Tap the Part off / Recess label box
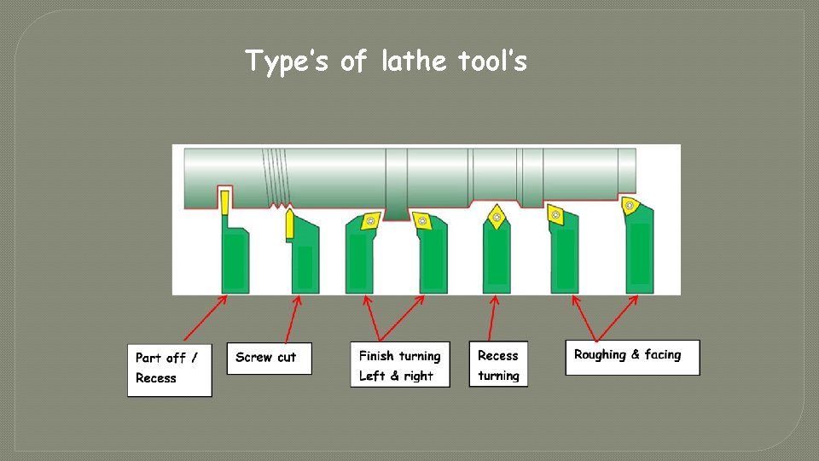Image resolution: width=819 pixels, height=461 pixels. click(x=170, y=369)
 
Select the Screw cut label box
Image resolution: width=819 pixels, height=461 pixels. click(x=269, y=358)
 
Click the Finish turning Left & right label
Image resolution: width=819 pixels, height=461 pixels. click(x=399, y=365)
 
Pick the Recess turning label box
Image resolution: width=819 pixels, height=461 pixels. click(x=498, y=365)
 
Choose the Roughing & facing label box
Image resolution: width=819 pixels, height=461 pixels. click(x=631, y=356)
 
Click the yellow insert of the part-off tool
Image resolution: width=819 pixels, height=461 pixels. click(x=224, y=201)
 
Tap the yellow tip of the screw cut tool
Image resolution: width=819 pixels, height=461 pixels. click(x=290, y=223)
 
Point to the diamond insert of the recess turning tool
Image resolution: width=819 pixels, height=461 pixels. click(x=495, y=216)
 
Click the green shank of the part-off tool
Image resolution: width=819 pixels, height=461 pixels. click(x=234, y=260)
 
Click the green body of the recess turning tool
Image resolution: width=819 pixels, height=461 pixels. click(x=497, y=260)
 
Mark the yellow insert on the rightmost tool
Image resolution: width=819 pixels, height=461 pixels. click(x=630, y=204)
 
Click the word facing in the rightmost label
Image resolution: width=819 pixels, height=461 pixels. click(x=662, y=355)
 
